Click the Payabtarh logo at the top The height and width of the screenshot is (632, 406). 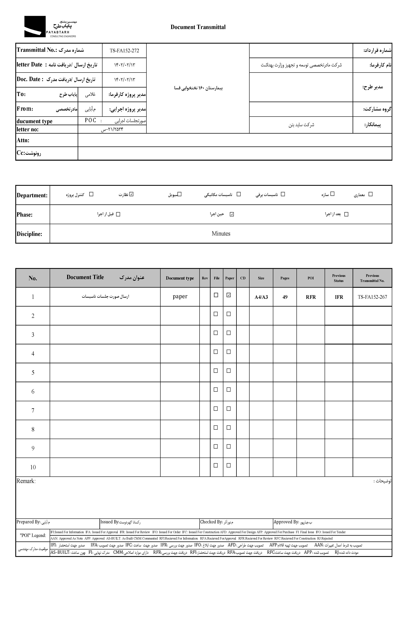pyautogui.click(x=50, y=27)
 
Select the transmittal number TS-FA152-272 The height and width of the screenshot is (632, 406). pyautogui.click(x=124, y=51)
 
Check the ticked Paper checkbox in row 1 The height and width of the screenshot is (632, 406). pyautogui.click(x=229, y=295)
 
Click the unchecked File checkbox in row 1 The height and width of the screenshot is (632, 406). pyautogui.click(x=216, y=295)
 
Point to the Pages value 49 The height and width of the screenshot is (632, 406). pyautogui.click(x=285, y=297)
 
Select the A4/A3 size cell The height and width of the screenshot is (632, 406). pyautogui.click(x=261, y=297)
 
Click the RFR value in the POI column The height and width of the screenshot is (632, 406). pyautogui.click(x=311, y=297)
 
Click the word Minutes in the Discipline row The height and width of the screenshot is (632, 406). pyautogui.click(x=221, y=233)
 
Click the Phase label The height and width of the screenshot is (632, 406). pyautogui.click(x=25, y=214)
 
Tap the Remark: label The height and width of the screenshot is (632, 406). pyautogui.click(x=26, y=481)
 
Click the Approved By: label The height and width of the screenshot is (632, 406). pyautogui.click(x=286, y=522)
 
